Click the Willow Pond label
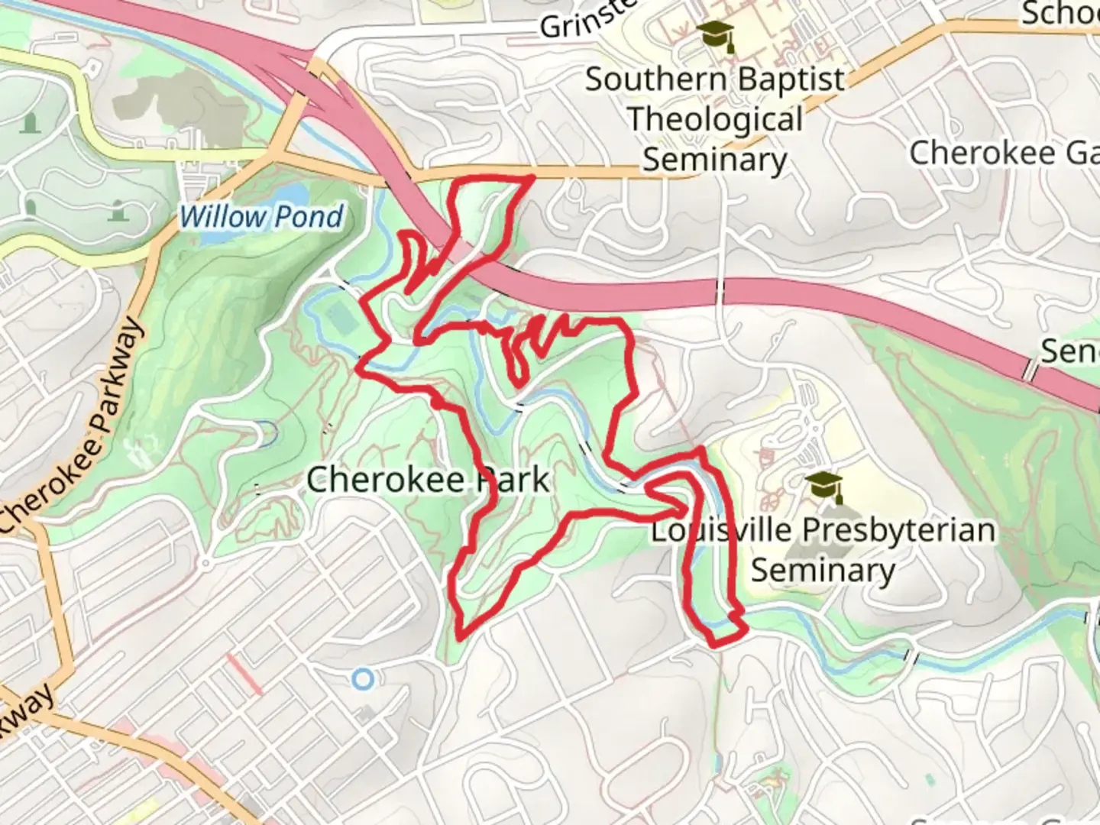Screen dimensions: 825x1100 click(x=262, y=217)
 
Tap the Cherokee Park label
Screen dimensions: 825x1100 click(x=428, y=480)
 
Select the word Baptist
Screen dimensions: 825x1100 click(x=790, y=80)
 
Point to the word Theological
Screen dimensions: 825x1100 click(x=715, y=120)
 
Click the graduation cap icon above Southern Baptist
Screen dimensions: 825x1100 click(x=716, y=34)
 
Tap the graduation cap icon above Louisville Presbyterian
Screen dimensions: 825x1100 click(x=824, y=486)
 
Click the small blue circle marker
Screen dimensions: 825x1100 click(x=364, y=678)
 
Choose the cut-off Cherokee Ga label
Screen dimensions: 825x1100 click(x=1004, y=154)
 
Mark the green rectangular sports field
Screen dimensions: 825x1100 click(x=341, y=317)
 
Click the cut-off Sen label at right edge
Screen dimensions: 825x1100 click(x=1069, y=351)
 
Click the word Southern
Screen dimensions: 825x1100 click(x=655, y=80)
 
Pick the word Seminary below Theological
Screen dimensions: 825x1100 click(x=714, y=160)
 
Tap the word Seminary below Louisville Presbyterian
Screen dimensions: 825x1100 click(x=823, y=570)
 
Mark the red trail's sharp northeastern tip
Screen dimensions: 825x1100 click(x=532, y=177)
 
